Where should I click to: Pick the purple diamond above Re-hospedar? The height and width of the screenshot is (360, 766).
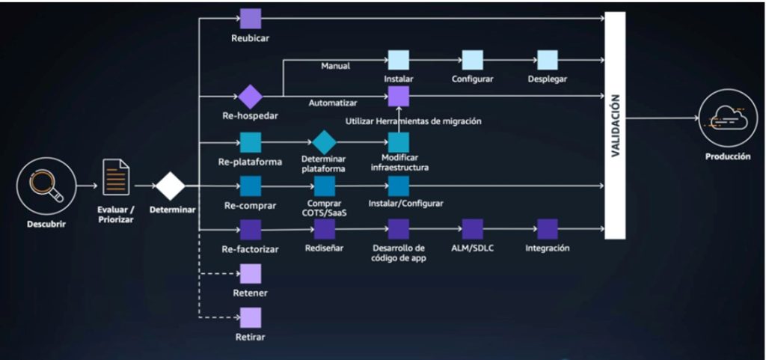[x=250, y=97]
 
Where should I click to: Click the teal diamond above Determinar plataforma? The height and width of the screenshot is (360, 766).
[x=325, y=142]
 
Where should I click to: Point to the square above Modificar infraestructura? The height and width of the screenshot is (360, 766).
[x=399, y=142]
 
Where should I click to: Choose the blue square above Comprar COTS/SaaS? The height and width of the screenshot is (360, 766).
[x=325, y=186]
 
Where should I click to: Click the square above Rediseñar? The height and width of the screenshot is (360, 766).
[x=325, y=229]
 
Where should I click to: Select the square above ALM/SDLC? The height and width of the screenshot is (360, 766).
[x=473, y=229]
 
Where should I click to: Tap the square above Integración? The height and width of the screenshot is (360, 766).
[x=548, y=229]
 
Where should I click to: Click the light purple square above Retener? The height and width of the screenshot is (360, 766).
[x=251, y=274]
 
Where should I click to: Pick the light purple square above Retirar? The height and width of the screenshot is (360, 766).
[x=251, y=318]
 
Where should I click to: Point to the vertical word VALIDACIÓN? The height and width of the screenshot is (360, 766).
[x=615, y=126]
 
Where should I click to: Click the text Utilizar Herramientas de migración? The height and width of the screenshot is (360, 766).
[x=413, y=120]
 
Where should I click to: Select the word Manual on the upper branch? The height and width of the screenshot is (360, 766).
[x=336, y=66]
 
